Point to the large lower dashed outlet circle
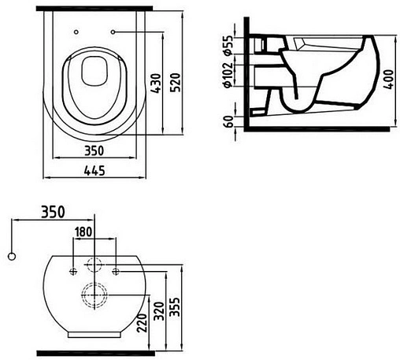tap(94, 296)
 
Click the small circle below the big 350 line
tap(11, 256)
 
